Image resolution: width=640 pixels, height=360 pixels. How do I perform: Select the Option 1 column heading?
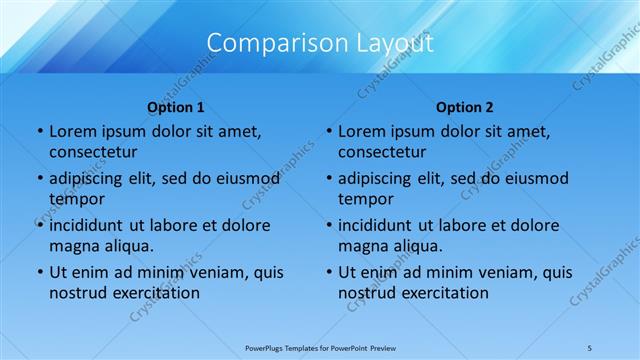click(176, 107)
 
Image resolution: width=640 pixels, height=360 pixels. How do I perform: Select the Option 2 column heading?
click(465, 107)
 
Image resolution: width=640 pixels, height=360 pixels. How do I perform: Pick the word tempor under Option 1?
click(76, 199)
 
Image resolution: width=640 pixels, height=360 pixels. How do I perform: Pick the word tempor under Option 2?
click(365, 199)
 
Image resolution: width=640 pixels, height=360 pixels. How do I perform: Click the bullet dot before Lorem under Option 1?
click(39, 131)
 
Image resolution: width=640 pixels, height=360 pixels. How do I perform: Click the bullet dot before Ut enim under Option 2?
click(328, 272)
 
